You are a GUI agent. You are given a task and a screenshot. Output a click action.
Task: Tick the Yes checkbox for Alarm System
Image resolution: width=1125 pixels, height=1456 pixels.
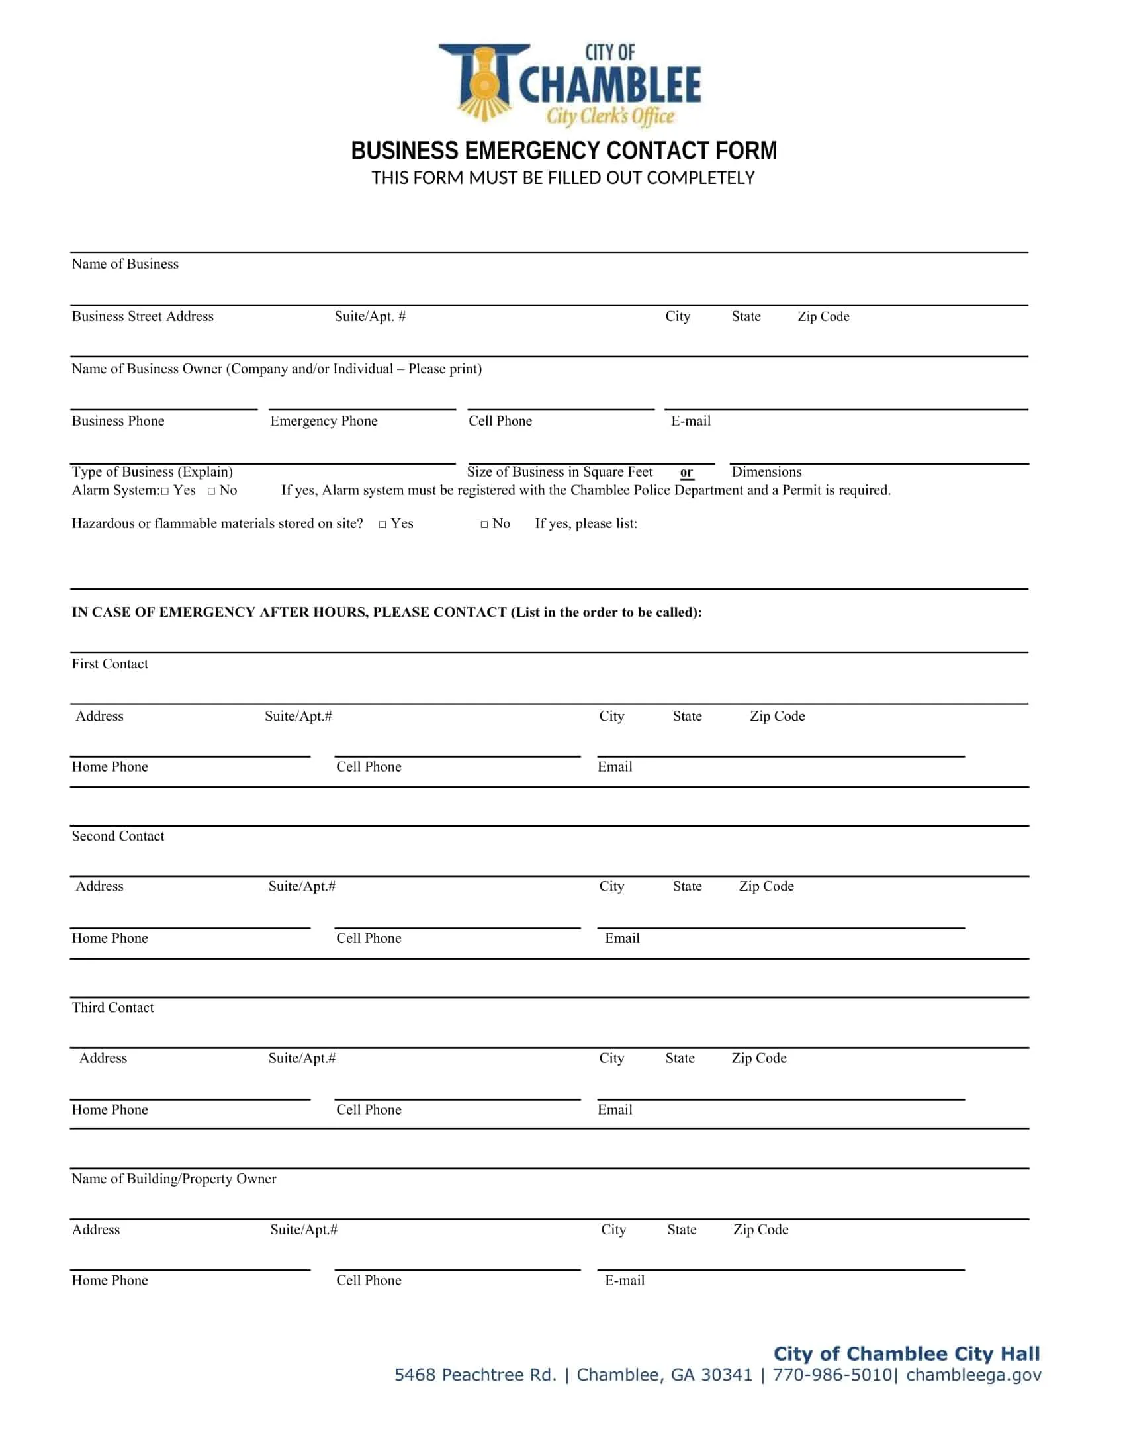[x=165, y=491]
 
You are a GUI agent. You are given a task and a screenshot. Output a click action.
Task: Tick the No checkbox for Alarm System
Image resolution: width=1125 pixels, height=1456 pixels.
[x=211, y=491]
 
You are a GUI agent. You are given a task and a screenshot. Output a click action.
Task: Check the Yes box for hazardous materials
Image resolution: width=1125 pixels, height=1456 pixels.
[x=382, y=525]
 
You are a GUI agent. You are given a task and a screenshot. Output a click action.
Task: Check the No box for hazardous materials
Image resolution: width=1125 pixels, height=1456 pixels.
[x=484, y=525]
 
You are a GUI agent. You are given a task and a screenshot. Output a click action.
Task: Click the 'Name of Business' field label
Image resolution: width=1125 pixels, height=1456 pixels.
[x=125, y=264]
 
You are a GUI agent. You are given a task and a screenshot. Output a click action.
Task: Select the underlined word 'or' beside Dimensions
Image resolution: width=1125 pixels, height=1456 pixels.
[x=686, y=472]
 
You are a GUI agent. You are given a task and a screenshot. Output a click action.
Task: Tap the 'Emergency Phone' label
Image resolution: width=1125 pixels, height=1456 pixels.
[x=324, y=421]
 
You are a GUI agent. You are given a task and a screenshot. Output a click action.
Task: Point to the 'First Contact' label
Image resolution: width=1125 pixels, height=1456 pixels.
[x=110, y=664]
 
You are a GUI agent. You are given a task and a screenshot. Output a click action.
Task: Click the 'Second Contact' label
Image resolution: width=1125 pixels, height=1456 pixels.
[x=118, y=836]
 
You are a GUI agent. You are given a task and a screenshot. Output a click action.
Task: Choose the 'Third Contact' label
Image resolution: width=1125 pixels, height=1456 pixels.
[x=112, y=1007]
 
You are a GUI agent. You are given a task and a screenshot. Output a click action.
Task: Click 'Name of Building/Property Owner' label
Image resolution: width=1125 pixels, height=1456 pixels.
[x=174, y=1179]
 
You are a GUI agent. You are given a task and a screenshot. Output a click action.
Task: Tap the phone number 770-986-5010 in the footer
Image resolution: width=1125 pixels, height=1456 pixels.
[x=832, y=1375]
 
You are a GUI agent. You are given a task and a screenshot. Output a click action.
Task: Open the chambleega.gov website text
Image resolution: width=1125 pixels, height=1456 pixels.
[x=973, y=1375]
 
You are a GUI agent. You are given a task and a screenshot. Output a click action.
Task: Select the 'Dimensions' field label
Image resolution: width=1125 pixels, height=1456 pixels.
[x=766, y=472]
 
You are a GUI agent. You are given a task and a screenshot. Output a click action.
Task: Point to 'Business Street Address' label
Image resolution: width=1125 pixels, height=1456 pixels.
[x=143, y=316]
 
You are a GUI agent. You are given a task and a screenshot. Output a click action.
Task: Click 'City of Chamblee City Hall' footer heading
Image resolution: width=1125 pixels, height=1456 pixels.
[x=907, y=1353]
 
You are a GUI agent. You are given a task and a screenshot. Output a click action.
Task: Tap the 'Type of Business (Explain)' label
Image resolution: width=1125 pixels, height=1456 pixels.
[x=153, y=472]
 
